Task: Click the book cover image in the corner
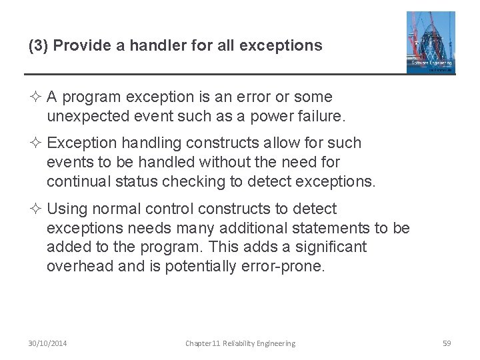(431, 42)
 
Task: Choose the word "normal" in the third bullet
(118, 209)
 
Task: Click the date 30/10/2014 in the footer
(47, 343)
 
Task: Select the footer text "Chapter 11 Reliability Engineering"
(240, 343)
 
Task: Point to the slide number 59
(447, 343)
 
